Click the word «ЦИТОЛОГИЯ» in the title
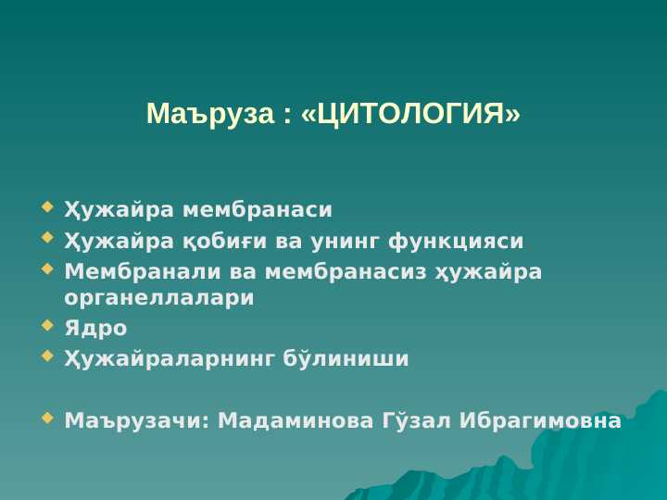tap(410, 114)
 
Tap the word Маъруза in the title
tap(210, 115)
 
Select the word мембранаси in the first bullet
tap(258, 209)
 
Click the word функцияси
tap(456, 242)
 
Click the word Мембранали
tap(143, 271)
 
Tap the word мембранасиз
tap(346, 272)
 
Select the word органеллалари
tap(159, 298)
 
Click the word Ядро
tap(95, 329)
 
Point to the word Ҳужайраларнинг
tap(169, 359)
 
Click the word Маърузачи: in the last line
tap(137, 422)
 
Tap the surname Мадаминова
tap(296, 422)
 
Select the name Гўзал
tap(417, 420)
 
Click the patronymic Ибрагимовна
tap(540, 422)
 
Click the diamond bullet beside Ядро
tap(47, 326)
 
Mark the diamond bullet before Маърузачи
tap(47, 419)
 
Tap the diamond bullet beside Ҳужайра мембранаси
tap(47, 207)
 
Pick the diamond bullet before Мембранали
tap(47, 269)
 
